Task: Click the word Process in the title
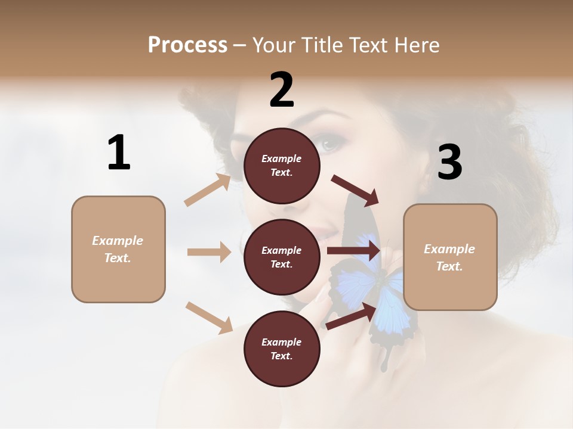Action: pyautogui.click(x=187, y=45)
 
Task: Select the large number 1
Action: pyautogui.click(x=119, y=153)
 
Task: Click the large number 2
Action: pyautogui.click(x=282, y=90)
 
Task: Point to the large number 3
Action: pyautogui.click(x=449, y=162)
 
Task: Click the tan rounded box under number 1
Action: pyautogui.click(x=118, y=249)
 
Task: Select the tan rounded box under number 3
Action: pyautogui.click(x=450, y=257)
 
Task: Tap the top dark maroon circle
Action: pyautogui.click(x=282, y=166)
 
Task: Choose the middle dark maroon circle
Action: pyautogui.click(x=282, y=257)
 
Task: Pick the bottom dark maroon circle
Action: pyautogui.click(x=282, y=349)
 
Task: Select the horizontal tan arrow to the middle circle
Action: pyautogui.click(x=209, y=252)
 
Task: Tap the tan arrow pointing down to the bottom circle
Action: pyautogui.click(x=209, y=317)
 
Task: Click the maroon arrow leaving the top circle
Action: pyautogui.click(x=355, y=190)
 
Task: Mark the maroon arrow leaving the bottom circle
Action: pyautogui.click(x=352, y=316)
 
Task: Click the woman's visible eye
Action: pyautogui.click(x=332, y=144)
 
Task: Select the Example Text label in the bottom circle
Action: pyautogui.click(x=282, y=349)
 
